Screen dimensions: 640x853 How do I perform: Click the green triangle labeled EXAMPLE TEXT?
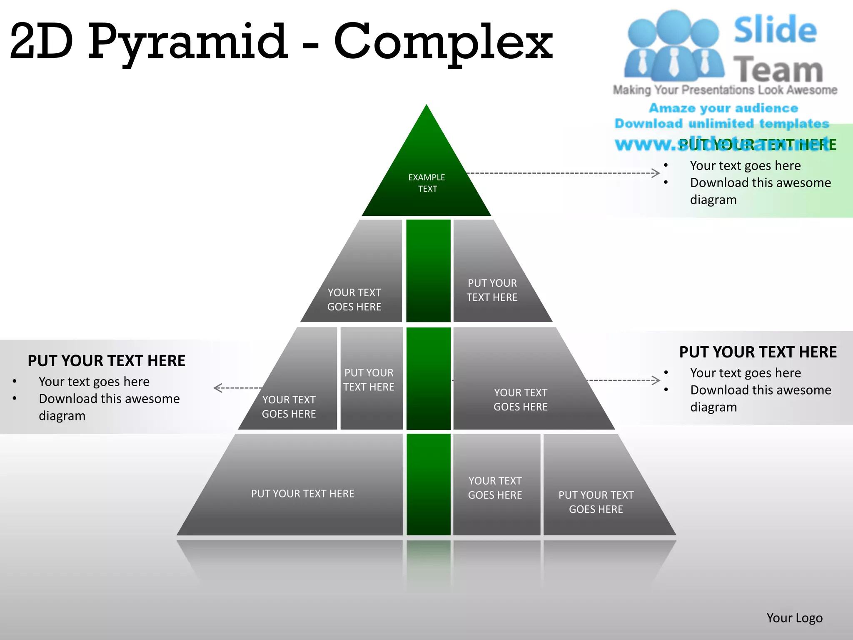[426, 179]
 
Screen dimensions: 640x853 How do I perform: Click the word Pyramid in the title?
[187, 42]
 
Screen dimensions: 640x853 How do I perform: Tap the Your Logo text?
[794, 618]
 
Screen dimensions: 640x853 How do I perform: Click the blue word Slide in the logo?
[775, 30]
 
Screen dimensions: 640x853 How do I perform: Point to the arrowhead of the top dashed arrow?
[657, 173]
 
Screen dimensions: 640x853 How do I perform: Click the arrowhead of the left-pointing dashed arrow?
[217, 388]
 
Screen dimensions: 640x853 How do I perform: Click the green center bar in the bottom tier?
[428, 485]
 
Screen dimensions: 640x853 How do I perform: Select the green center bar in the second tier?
[428, 271]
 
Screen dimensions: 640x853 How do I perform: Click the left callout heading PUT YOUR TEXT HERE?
[106, 361]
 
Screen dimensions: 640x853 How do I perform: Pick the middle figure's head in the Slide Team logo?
[673, 25]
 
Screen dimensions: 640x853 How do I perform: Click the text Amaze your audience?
[723, 108]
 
